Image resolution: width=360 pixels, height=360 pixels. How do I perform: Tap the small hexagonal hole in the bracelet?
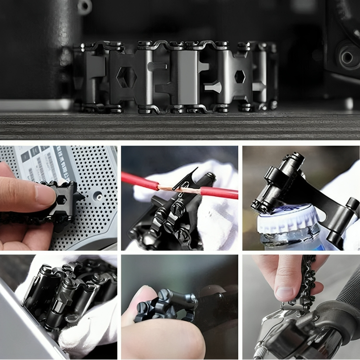click(x=240, y=76)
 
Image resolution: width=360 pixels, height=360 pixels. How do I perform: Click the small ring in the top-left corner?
click(x=84, y=6)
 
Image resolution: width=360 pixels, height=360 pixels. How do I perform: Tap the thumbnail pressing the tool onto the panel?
click(x=43, y=195)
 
